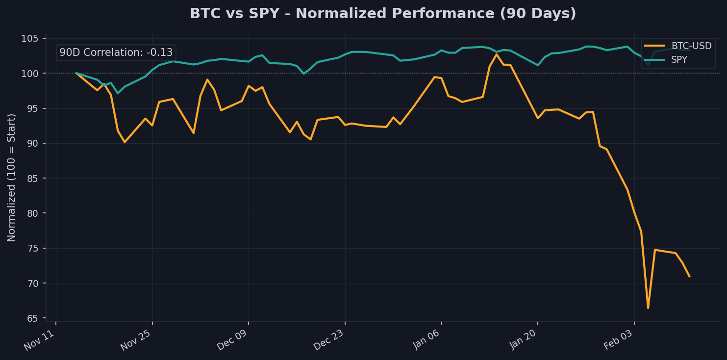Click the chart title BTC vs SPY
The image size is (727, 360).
(x=383, y=14)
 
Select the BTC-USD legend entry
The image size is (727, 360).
(x=691, y=46)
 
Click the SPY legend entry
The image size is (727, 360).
(x=679, y=60)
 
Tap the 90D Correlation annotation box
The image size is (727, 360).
(x=116, y=52)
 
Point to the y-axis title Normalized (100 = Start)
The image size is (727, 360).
(x=12, y=177)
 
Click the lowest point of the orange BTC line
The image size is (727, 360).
(x=648, y=308)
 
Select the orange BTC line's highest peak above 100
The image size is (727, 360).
(x=496, y=54)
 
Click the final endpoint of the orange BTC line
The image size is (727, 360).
(x=689, y=277)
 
